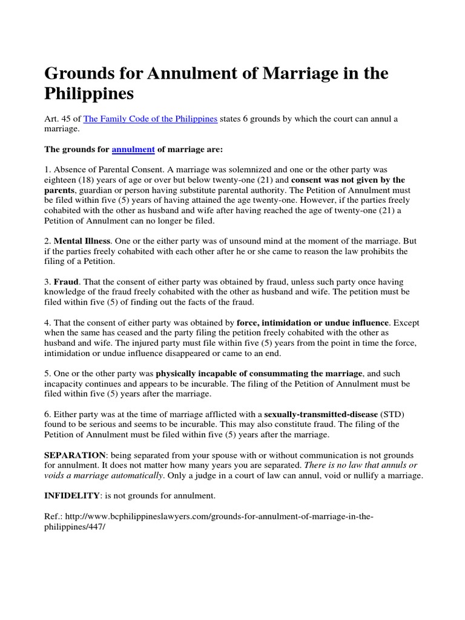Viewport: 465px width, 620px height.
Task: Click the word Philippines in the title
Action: [89, 94]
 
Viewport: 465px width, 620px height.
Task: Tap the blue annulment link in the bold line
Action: [133, 149]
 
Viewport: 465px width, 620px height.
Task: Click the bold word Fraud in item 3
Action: [66, 282]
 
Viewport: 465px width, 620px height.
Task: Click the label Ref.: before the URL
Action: [54, 516]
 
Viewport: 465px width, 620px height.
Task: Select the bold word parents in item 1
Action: [61, 190]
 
